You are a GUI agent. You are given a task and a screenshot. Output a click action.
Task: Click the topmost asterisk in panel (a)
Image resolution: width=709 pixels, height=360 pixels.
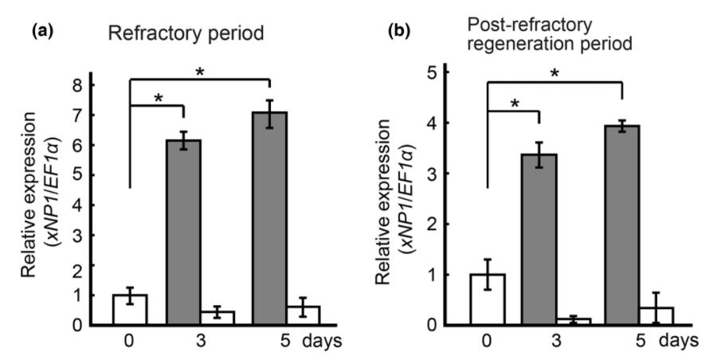[199, 72]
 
